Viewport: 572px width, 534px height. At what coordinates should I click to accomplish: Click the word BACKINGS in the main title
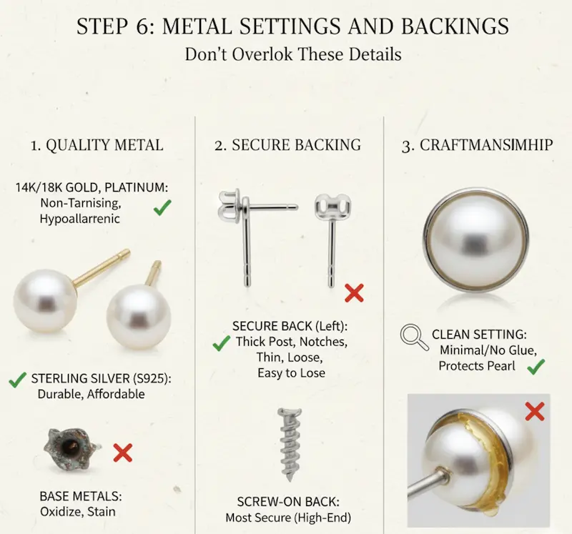pos(455,26)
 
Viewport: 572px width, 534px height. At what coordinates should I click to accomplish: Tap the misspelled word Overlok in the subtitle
pos(262,54)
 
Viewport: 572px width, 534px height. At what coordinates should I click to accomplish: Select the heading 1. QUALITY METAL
pos(97,145)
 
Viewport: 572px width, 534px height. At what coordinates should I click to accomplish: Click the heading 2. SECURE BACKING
pos(288,145)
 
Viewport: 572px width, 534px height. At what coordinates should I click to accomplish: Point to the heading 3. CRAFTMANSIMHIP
pos(477,145)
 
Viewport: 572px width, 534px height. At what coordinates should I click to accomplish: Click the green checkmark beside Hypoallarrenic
pos(162,207)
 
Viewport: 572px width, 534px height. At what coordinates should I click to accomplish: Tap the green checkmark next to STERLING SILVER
pos(17,380)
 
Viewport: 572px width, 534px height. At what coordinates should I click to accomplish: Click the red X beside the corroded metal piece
pos(122,453)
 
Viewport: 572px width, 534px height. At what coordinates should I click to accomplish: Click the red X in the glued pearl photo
pos(535,411)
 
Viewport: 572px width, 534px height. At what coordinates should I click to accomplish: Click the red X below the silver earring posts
pos(354,293)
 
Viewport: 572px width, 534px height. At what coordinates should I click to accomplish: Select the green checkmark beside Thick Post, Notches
pos(222,343)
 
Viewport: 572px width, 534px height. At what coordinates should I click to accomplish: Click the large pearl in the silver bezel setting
pos(475,241)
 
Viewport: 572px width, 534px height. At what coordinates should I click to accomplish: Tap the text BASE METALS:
pos(81,496)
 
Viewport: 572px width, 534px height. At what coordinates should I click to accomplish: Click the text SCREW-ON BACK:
pos(288,502)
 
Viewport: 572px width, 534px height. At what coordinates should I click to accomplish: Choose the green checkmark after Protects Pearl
pos(536,367)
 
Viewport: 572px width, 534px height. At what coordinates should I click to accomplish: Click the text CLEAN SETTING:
pos(479,335)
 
